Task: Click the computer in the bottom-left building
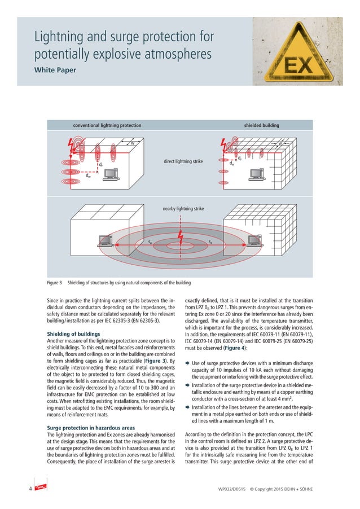pos(105,242)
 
